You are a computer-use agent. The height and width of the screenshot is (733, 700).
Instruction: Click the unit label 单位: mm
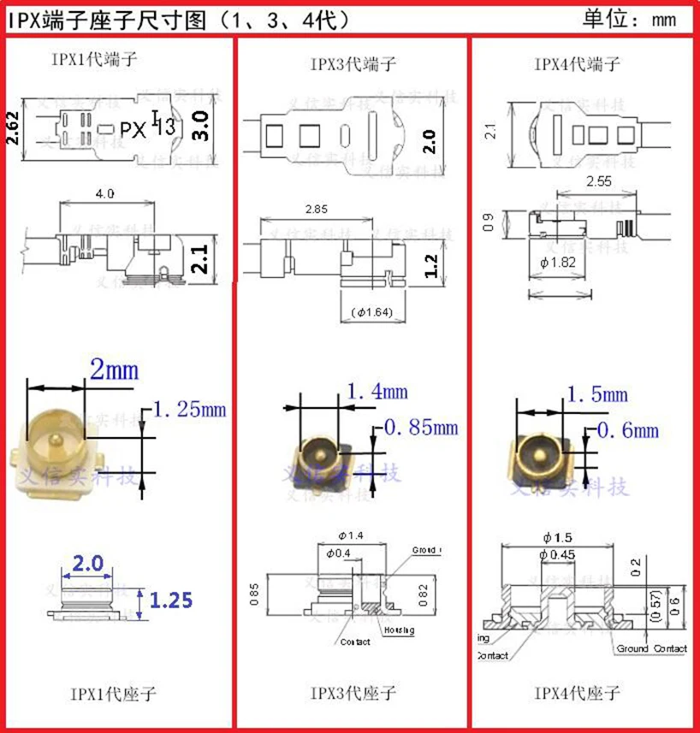(630, 18)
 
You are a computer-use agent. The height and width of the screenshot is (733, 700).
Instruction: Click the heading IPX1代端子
(93, 60)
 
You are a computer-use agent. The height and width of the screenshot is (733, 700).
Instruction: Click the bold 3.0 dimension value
(200, 125)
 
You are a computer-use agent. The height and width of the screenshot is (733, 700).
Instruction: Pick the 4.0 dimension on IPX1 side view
(104, 195)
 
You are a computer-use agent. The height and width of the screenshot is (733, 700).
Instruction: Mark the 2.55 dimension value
(599, 181)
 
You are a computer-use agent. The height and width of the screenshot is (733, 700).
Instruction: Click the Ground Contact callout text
(651, 648)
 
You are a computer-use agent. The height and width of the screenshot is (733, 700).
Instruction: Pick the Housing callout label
(398, 630)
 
